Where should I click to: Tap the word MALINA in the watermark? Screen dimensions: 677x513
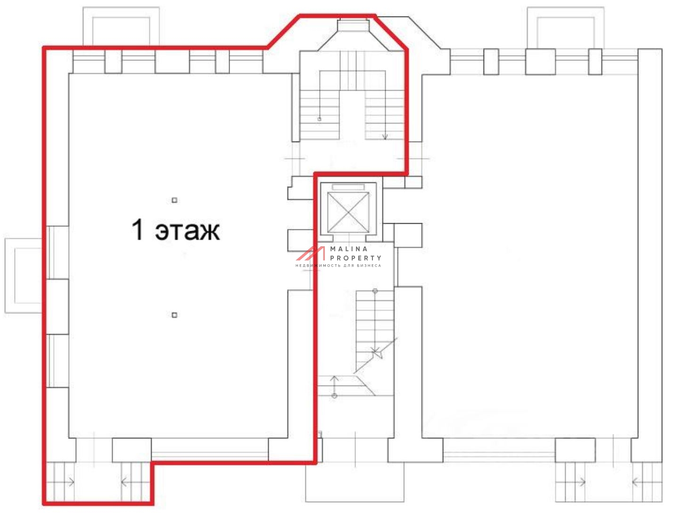349,249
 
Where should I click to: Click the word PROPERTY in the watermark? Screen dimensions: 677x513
355,258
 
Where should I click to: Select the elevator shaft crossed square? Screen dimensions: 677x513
348,212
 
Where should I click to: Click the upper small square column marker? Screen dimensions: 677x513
174,200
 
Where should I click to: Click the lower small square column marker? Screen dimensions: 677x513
174,315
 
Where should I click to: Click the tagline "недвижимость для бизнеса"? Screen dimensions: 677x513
338,265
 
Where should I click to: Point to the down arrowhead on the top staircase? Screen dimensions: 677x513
385,137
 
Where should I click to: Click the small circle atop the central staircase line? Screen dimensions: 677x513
375,291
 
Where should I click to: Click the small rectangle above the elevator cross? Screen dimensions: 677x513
348,187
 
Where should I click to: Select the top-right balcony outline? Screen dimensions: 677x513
566,27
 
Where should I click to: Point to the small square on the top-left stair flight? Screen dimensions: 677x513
320,119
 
